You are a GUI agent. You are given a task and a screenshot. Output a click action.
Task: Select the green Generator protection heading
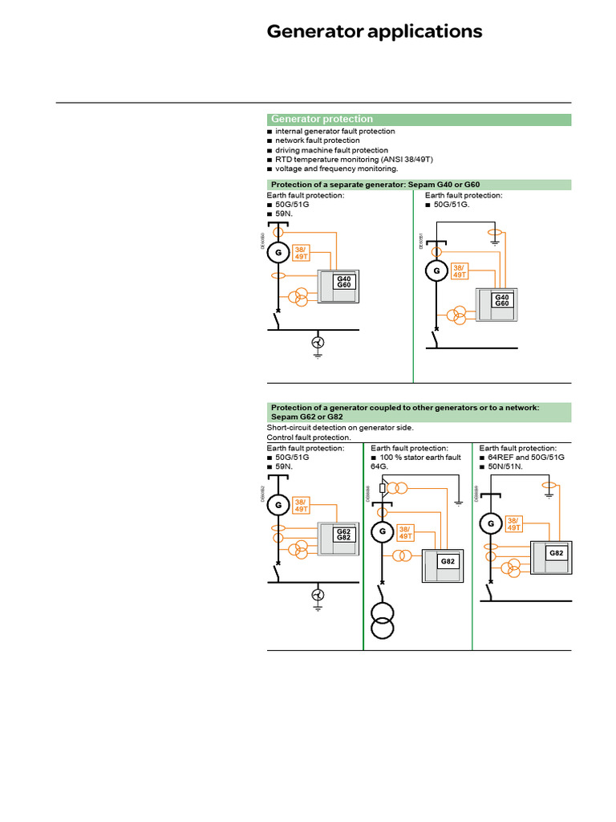[322, 119]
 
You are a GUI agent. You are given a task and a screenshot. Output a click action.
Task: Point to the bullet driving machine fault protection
[331, 150]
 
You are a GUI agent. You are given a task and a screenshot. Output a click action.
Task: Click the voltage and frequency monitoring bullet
[336, 169]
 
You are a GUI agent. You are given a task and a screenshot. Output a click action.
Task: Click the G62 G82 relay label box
[343, 535]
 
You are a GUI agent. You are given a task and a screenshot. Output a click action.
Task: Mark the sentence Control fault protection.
[309, 437]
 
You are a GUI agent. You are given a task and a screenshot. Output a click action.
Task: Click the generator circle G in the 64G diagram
[383, 531]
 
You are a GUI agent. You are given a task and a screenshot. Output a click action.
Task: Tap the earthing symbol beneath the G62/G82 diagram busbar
[318, 596]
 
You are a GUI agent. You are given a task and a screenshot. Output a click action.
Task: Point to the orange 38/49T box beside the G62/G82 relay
[302, 504]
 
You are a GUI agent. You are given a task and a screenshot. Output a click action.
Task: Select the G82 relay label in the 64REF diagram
[557, 554]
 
